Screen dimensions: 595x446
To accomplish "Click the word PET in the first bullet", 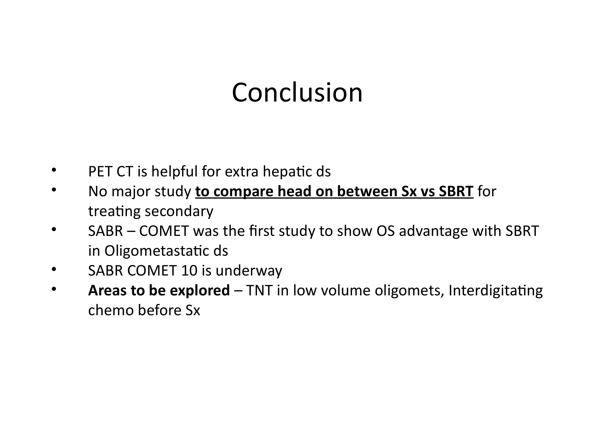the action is [x=100, y=171].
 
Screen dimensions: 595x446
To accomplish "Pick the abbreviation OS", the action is [x=385, y=231].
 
